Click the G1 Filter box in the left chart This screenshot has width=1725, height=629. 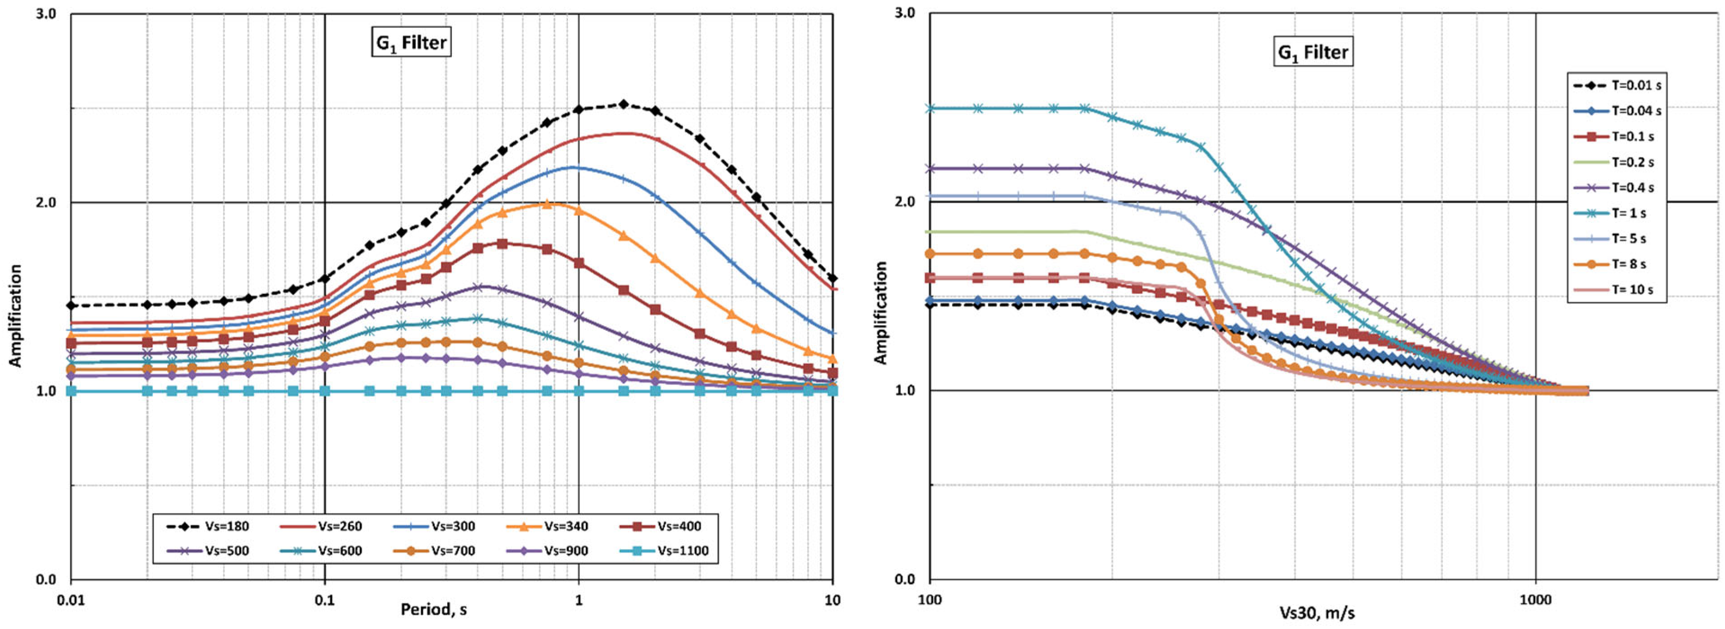tap(411, 43)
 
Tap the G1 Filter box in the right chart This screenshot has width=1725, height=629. tap(1312, 52)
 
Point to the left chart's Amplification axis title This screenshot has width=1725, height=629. tap(15, 316)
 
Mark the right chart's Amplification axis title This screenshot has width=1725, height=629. tap(880, 313)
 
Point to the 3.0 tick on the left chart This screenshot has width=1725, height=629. tap(45, 14)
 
